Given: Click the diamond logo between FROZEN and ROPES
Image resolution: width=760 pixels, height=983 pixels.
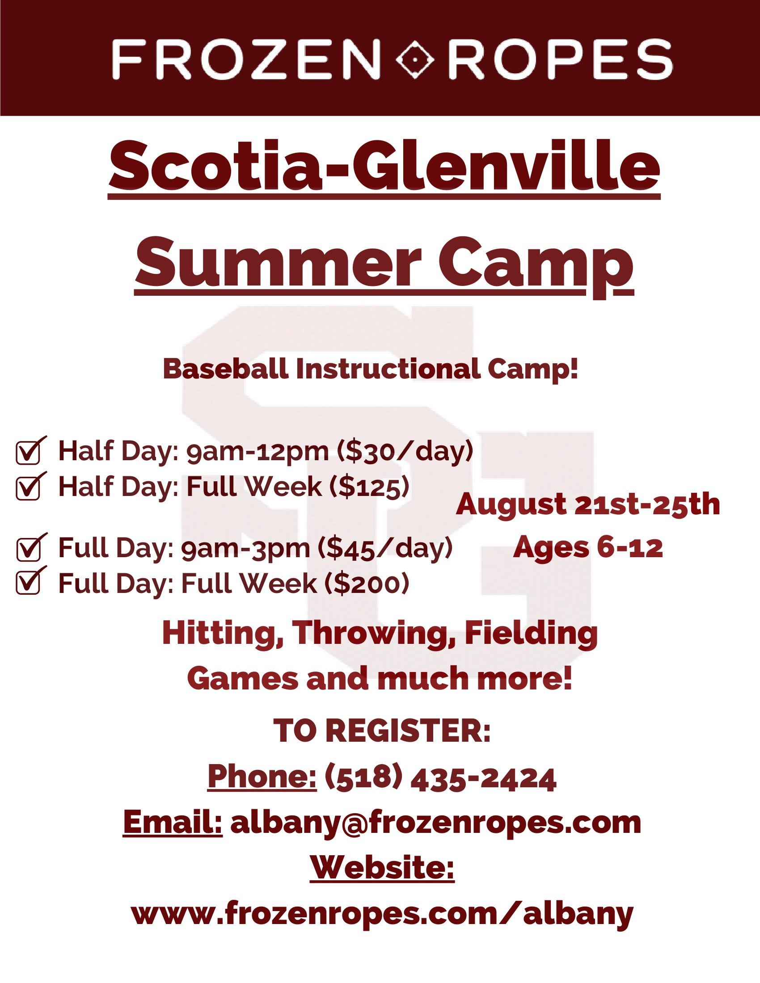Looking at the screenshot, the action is click(415, 59).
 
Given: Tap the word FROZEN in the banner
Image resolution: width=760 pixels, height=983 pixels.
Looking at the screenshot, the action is click(246, 59).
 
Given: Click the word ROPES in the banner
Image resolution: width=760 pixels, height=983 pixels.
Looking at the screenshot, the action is click(561, 59).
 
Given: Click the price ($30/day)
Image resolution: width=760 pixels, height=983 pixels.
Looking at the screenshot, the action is click(405, 451).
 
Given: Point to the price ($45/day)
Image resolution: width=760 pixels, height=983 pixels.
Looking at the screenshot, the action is click(385, 548).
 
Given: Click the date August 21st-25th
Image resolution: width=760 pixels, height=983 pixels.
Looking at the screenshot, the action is click(588, 505).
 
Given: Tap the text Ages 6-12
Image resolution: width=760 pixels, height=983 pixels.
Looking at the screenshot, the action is click(588, 548).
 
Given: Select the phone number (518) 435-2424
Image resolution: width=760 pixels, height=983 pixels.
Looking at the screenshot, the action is click(440, 778).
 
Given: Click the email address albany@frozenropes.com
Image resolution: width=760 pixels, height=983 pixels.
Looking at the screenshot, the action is click(435, 823).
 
